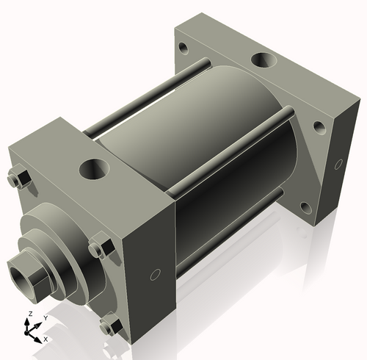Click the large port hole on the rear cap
tap(262, 60)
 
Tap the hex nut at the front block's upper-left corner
tap(19, 179)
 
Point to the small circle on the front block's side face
tap(154, 275)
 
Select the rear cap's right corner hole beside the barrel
tap(319, 126)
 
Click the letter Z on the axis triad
tap(29, 314)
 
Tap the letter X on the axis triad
tap(46, 339)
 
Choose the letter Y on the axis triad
tap(46, 317)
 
